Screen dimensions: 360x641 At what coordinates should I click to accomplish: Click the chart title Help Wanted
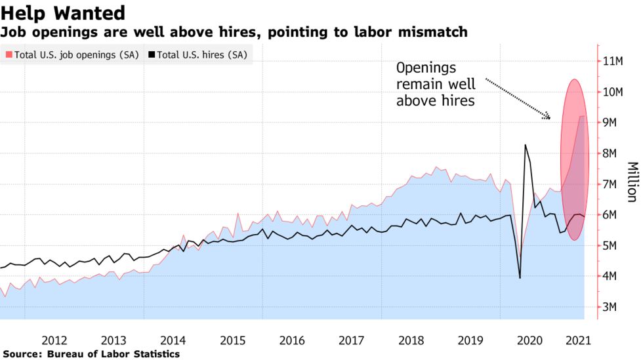63,12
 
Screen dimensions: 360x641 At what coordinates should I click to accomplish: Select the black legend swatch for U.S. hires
152,55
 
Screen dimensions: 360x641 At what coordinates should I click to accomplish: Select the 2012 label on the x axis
54,340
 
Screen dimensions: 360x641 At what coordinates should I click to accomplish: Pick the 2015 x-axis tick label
232,340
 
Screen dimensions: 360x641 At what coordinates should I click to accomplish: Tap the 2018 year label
411,340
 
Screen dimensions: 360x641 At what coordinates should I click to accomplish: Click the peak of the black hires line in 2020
525,145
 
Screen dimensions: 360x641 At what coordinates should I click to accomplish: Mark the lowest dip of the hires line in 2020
520,278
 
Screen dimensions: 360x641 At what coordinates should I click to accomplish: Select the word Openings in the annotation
425,68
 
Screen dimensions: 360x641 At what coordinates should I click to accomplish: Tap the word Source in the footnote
22,354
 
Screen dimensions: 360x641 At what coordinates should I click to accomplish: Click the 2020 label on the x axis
528,340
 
